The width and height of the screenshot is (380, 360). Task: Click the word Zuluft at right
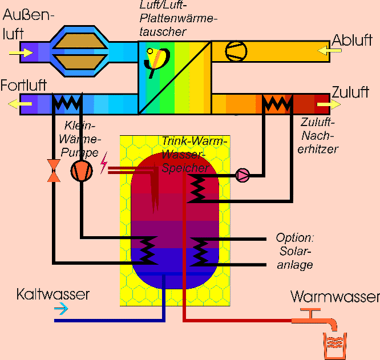[350, 92]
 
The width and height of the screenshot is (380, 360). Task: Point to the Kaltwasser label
[53, 294]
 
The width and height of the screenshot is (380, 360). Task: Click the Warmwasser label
[335, 297]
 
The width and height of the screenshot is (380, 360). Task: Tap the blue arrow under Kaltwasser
[60, 309]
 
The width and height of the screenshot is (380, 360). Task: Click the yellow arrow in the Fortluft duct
[20, 105]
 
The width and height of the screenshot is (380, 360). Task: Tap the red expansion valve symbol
[54, 171]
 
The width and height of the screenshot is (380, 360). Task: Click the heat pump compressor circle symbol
[81, 171]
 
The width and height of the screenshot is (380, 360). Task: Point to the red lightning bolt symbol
[104, 164]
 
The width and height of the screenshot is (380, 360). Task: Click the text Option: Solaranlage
[295, 251]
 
